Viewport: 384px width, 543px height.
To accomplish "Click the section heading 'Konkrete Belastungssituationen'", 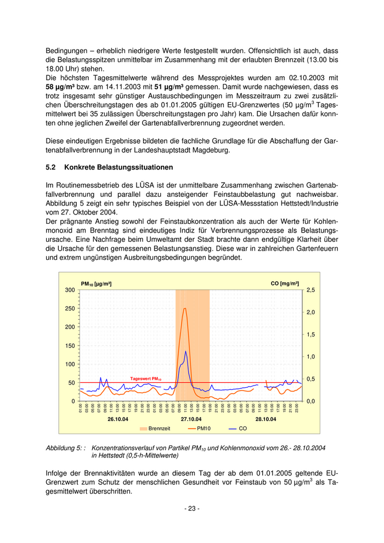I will pos(118,167).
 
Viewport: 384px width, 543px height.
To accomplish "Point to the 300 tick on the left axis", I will pos(70,290).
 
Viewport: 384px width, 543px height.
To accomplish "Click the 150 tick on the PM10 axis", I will pos(70,346).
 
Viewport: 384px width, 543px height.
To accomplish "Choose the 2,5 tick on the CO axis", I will pos(311,290).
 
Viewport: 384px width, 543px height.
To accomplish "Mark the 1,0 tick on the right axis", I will pos(311,357).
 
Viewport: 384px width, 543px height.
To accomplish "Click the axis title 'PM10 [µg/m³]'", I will pos(96,284).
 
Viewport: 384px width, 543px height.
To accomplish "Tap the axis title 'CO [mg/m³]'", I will pos(285,284).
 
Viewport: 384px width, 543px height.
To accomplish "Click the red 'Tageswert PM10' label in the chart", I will pos(145,379).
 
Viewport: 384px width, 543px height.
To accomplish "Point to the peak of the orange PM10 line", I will pos(185,308).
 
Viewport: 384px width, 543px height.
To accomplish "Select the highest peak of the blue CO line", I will pos(186,352).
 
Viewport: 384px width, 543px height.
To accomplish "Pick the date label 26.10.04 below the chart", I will pos(117,419).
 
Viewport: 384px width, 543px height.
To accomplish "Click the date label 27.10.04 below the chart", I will pos(192,419).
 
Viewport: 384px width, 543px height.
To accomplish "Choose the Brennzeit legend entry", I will pos(155,428).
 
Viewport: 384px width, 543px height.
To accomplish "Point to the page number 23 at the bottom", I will pos(191,508).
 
